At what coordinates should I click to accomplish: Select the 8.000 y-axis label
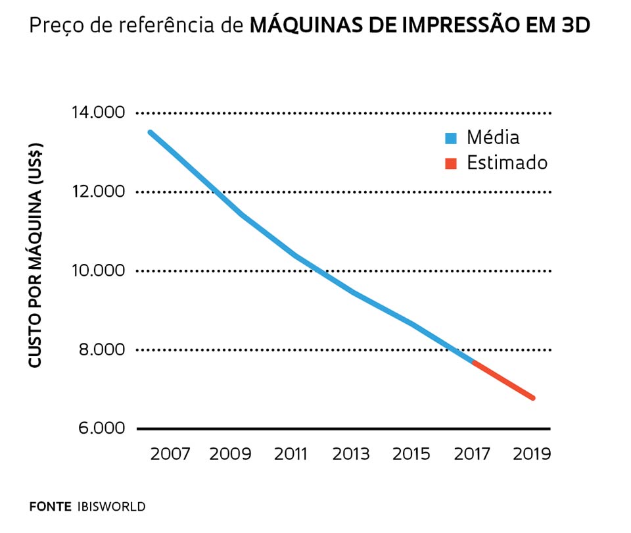tap(99, 349)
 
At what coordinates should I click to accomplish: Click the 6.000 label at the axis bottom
tap(99, 428)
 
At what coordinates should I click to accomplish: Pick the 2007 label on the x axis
tap(170, 455)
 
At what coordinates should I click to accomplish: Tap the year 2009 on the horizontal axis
tap(230, 455)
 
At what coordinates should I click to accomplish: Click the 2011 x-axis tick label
tap(290, 455)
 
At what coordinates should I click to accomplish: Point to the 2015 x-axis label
tap(410, 455)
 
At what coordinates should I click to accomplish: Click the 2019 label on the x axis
tap(531, 455)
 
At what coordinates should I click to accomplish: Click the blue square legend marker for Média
tap(450, 138)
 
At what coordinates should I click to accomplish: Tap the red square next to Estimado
tap(450, 163)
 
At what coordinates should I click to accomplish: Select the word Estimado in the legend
tap(507, 163)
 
